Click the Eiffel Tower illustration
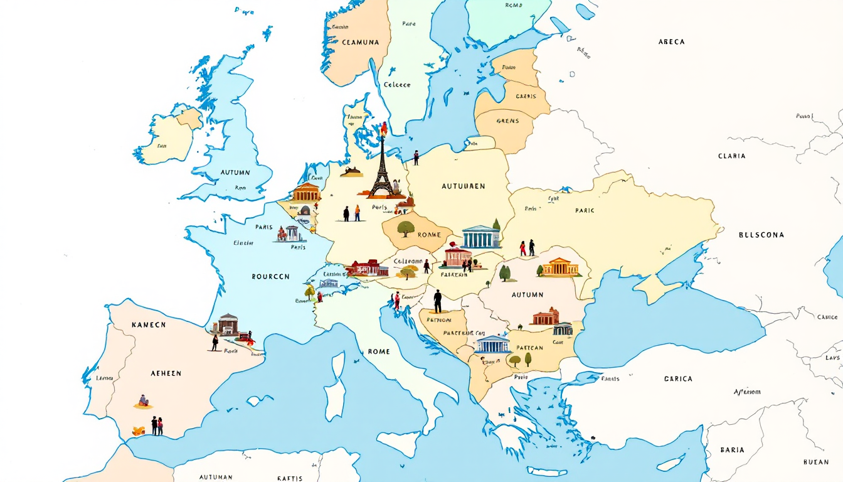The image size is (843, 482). click(381, 166)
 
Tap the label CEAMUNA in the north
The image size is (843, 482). click(361, 42)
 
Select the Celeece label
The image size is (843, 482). click(397, 85)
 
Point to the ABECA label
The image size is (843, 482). click(671, 42)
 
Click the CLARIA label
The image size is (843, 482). click(732, 156)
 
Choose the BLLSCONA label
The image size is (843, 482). click(761, 235)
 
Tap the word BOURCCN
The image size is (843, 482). click(270, 276)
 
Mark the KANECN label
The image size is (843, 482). click(149, 325)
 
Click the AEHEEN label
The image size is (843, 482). click(166, 373)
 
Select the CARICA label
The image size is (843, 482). click(678, 379)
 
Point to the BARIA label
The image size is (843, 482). click(732, 450)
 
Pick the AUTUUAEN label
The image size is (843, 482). click(463, 186)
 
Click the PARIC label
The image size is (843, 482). click(584, 211)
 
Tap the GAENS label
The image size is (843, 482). click(507, 121)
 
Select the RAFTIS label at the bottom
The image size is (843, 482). click(290, 478)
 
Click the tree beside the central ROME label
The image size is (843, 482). click(406, 229)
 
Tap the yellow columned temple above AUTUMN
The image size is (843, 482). click(560, 267)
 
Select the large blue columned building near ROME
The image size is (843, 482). click(481, 237)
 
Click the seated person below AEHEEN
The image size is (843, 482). click(144, 401)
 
